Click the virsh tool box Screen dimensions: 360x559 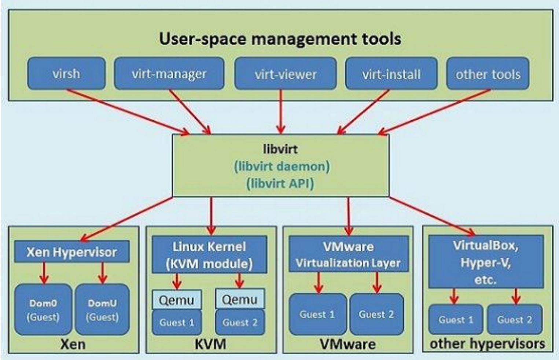coord(66,73)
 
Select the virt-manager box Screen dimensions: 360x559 coord(169,73)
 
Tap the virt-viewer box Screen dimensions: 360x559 coord(285,74)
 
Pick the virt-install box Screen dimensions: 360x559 coord(391,74)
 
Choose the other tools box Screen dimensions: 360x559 coord(488,74)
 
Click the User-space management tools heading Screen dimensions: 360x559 coord(280,38)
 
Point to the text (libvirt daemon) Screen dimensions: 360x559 coord(282,166)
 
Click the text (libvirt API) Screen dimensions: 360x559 coord(280,183)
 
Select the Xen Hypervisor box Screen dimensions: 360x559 coord(71,252)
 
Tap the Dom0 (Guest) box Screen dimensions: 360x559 coord(43,310)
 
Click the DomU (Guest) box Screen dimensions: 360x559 coord(102,310)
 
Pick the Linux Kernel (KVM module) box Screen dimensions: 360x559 coord(209,255)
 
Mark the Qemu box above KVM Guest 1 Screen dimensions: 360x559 coord(177,300)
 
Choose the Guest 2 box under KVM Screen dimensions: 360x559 coord(240,323)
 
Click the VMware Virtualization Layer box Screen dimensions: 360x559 coord(348,254)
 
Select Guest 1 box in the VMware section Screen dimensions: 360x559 coord(317,314)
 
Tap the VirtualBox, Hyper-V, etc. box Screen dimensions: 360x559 coord(485,262)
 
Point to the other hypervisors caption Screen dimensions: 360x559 coord(487,344)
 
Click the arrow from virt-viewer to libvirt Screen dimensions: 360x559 coord(281,112)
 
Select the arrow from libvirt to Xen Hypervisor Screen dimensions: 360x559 coord(126,219)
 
